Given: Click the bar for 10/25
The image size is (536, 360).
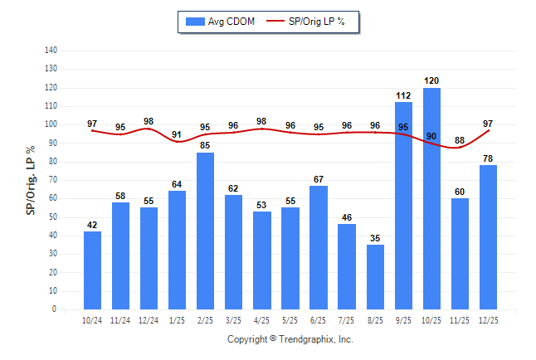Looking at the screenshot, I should [x=431, y=199].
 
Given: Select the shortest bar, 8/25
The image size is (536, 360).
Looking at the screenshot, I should [x=375, y=277].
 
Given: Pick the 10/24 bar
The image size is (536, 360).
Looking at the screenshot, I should [x=93, y=270].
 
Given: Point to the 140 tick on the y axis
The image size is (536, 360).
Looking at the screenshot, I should [x=51, y=51].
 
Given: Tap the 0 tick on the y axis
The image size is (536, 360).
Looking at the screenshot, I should [x=55, y=309].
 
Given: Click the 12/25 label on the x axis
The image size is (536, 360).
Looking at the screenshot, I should [x=488, y=319].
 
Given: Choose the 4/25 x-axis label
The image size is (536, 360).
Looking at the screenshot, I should [x=262, y=319].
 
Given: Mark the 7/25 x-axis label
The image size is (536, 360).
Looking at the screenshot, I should [x=347, y=319].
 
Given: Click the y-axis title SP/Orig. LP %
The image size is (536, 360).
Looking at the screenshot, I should [x=31, y=180].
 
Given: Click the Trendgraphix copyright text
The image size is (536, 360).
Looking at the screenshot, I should [x=290, y=339].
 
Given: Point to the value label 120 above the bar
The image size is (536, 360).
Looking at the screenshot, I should [x=431, y=81].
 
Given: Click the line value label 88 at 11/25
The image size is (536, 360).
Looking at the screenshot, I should [x=460, y=140].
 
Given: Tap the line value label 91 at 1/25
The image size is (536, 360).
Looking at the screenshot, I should [x=178, y=134].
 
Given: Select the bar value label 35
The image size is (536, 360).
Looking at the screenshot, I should [x=375, y=238].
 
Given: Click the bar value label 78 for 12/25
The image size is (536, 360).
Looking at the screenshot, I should [x=488, y=158].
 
